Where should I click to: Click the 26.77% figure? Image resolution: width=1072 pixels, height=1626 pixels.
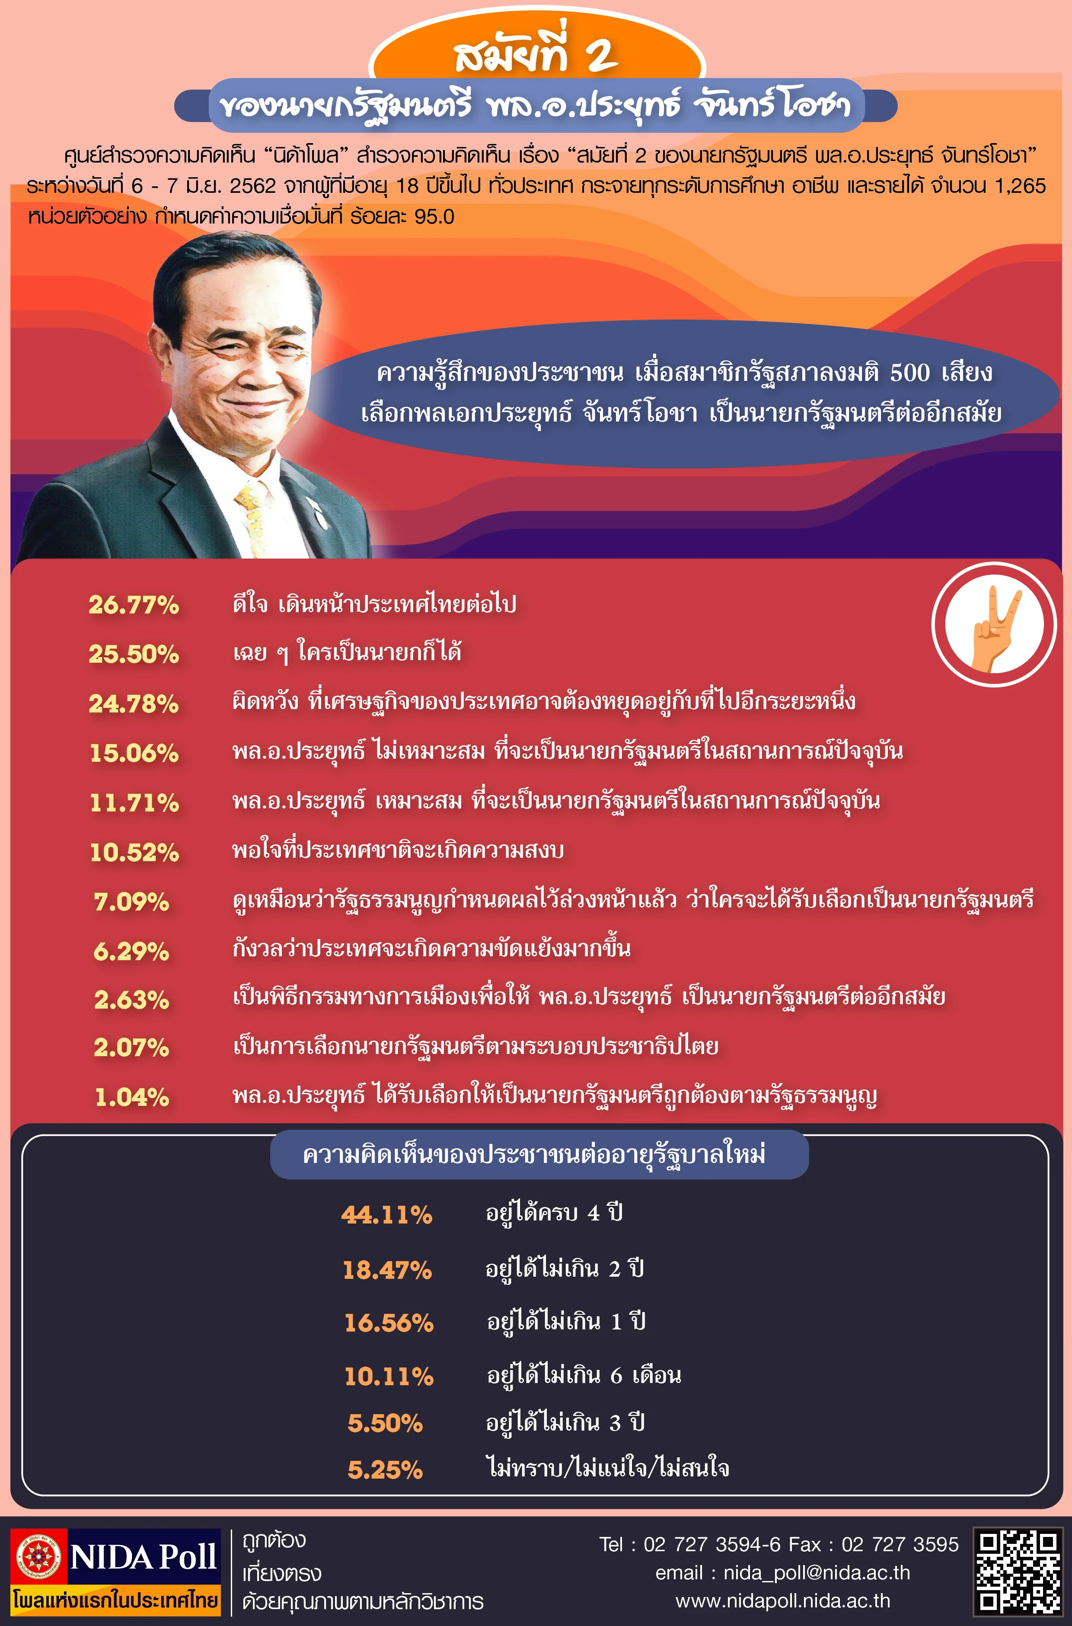(x=134, y=604)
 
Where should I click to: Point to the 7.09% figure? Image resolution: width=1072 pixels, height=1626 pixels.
(x=131, y=901)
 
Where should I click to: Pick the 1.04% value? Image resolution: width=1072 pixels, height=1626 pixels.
(x=131, y=1097)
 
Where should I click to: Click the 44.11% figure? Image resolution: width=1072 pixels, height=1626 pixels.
(x=387, y=1214)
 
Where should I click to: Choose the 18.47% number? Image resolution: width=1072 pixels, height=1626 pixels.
(x=387, y=1270)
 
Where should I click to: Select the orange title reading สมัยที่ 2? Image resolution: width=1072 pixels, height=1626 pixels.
(x=536, y=55)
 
